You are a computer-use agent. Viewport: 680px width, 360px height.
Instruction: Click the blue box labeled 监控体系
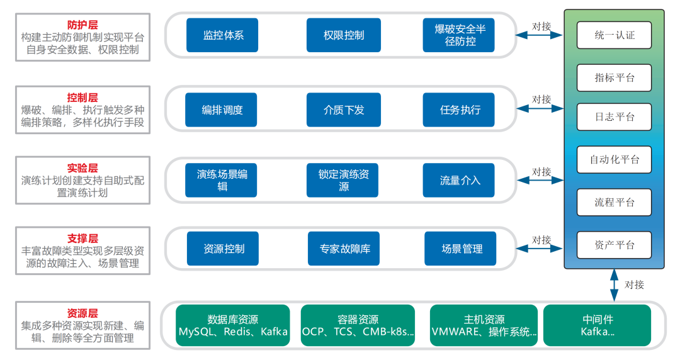(223, 35)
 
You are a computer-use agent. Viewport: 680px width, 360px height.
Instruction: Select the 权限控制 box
(344, 35)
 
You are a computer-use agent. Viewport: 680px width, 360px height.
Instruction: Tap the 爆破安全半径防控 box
(459, 35)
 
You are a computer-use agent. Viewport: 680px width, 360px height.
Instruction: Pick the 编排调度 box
(222, 110)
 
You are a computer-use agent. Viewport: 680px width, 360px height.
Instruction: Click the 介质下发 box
(344, 110)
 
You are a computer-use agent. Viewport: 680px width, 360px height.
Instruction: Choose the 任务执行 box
(459, 110)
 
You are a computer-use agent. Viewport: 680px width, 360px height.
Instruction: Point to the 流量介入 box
(459, 180)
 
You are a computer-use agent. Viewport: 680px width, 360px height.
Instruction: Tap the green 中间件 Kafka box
(596, 325)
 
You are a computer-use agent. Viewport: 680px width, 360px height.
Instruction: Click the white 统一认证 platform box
(615, 35)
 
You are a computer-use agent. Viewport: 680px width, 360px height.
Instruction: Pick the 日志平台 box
(615, 117)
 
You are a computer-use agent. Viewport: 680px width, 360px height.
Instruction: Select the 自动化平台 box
(615, 159)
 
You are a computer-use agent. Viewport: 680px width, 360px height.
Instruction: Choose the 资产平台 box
(615, 245)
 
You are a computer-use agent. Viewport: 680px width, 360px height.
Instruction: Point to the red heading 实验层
(82, 168)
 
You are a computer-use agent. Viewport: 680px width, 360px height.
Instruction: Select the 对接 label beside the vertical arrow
(634, 284)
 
